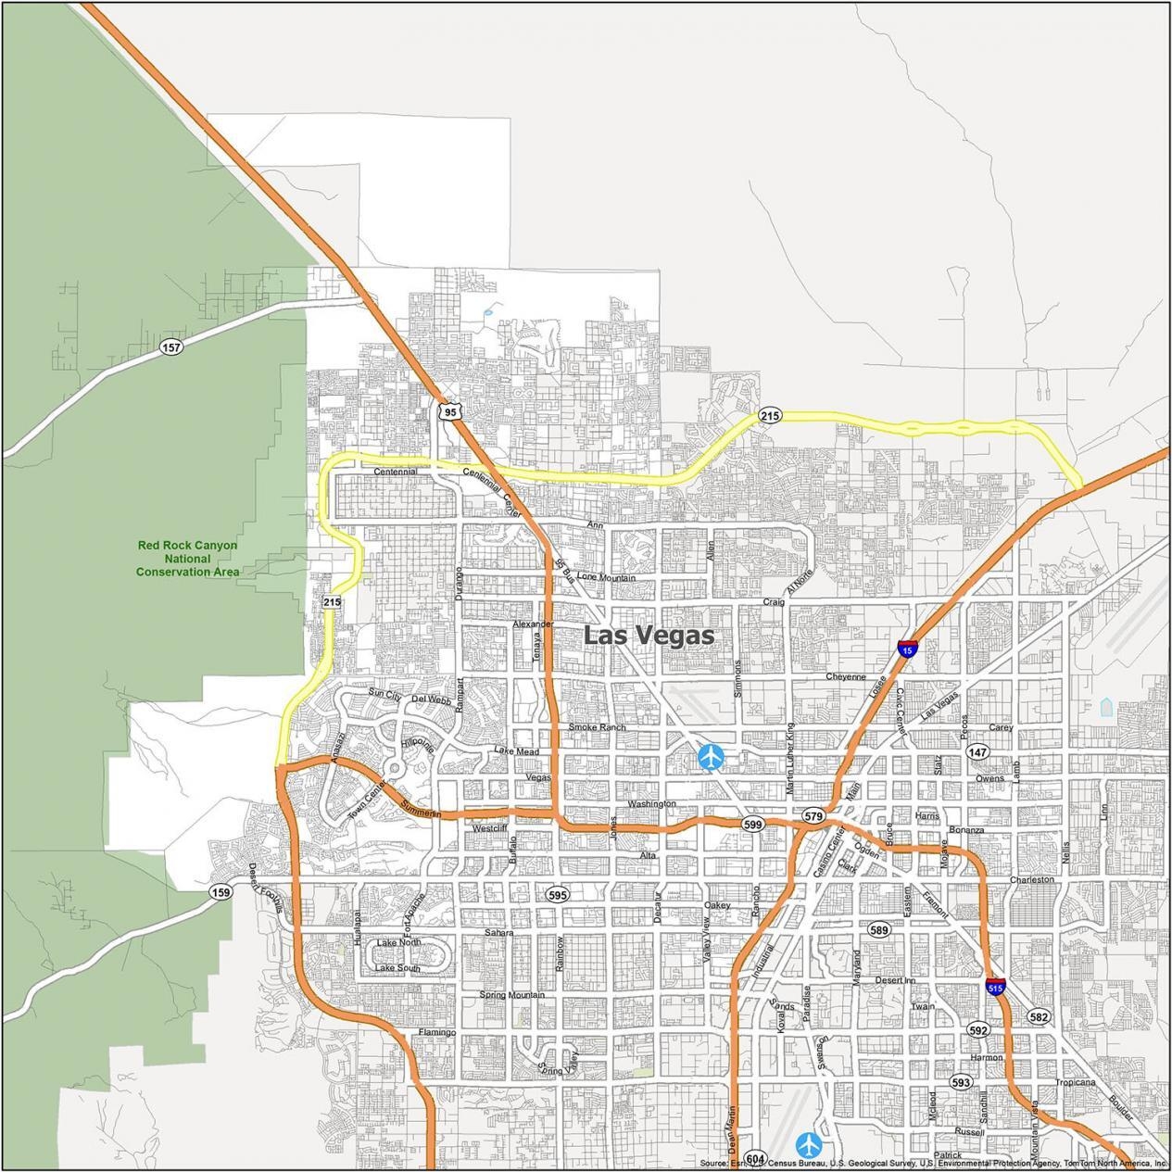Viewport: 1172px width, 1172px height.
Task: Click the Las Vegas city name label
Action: pos(649,636)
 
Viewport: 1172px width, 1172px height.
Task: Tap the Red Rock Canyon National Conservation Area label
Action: pos(187,559)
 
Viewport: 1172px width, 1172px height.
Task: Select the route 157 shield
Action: pos(170,347)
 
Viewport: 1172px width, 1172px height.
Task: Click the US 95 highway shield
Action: pos(449,411)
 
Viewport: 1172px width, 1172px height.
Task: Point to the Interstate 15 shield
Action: pos(908,649)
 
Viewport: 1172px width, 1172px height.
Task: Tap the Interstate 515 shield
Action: pos(995,987)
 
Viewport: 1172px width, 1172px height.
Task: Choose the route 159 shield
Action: pos(220,892)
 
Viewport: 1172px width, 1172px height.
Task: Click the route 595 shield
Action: pos(557,895)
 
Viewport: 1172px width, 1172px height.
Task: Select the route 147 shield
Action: pos(977,752)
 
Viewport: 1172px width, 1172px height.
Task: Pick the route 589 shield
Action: pos(878,929)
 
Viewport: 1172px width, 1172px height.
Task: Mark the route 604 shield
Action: pos(755,1159)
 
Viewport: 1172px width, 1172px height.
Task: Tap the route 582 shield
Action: pos(1038,1016)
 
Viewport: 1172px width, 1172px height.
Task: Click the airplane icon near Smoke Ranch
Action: pos(711,757)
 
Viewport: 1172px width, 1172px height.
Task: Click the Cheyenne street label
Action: pos(845,676)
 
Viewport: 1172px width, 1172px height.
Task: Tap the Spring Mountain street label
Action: pos(511,995)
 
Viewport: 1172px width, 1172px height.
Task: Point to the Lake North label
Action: pos(398,942)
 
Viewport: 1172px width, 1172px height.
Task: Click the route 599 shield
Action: pos(752,824)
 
